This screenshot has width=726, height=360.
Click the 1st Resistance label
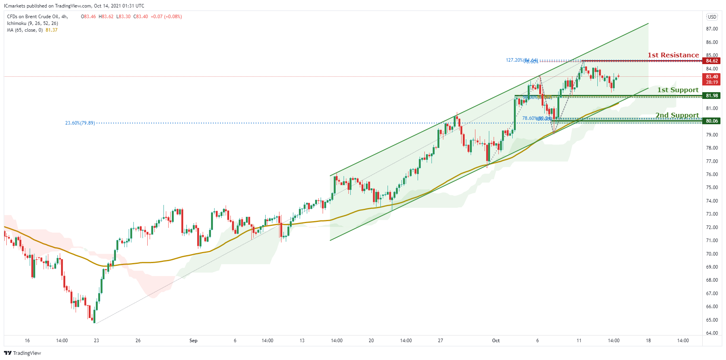[x=673, y=55]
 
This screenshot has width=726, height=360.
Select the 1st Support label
[x=678, y=90]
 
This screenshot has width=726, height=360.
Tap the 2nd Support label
[x=677, y=115]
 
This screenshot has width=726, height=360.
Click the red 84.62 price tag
[x=711, y=61]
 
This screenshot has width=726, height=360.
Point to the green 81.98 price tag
[x=711, y=96]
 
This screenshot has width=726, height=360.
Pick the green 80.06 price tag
[x=711, y=121]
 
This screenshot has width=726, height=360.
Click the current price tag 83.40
[x=711, y=77]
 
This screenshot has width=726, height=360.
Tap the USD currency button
[x=712, y=17]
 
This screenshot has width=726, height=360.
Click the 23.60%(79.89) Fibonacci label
[x=80, y=123]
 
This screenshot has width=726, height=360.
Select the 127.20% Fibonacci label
[x=514, y=60]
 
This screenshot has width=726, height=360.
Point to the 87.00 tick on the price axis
[x=712, y=29]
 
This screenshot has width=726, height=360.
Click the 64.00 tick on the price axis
[x=712, y=333]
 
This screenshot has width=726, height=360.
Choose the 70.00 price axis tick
[x=712, y=254]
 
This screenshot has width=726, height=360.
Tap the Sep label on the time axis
[x=193, y=341]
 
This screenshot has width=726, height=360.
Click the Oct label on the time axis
[x=496, y=341]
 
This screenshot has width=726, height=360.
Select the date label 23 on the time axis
[x=96, y=341]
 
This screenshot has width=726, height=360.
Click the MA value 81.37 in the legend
[x=51, y=30]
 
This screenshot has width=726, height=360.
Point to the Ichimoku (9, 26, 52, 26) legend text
[x=32, y=23]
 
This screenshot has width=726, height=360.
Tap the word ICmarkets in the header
[x=14, y=6]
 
